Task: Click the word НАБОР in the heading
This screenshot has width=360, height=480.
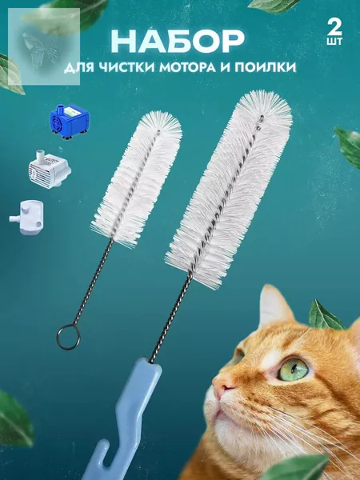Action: [178, 42]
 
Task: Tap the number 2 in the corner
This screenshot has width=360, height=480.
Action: [334, 27]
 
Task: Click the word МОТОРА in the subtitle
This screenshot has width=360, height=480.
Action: [187, 68]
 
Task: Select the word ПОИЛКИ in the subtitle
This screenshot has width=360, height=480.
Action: [266, 68]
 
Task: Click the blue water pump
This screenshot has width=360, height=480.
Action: [69, 121]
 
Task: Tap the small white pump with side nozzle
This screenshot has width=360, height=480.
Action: [27, 217]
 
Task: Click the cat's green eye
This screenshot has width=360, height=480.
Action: [293, 369]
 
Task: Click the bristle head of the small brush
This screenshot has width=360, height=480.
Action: [137, 178]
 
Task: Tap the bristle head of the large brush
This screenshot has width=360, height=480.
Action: [229, 188]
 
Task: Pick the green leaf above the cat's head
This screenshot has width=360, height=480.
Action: [326, 316]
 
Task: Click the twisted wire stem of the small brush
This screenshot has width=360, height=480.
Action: [91, 282]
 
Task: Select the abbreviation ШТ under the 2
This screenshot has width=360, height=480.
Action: [334, 42]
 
